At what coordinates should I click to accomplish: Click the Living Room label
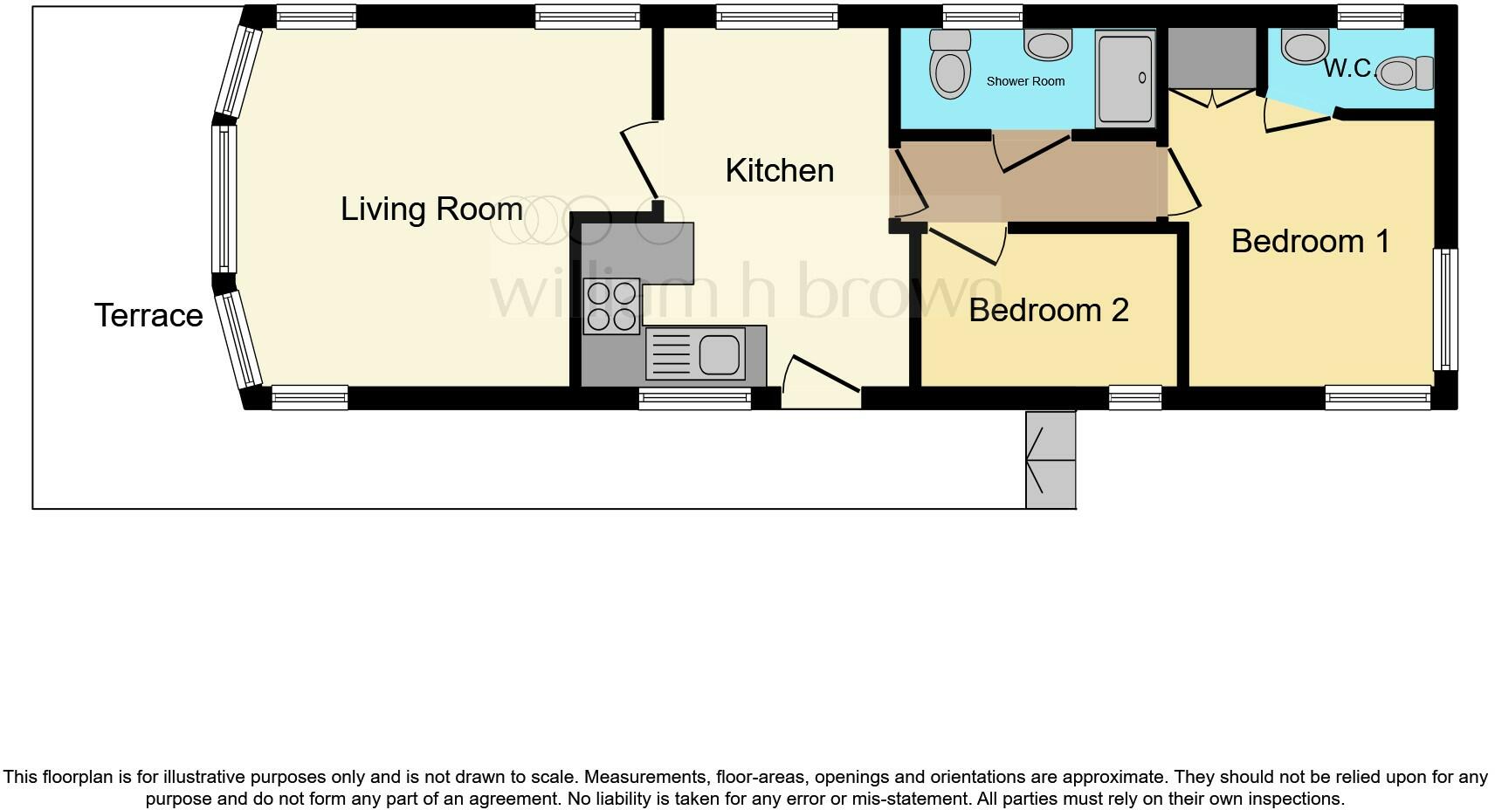[x=431, y=209]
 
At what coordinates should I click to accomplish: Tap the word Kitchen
[x=779, y=170]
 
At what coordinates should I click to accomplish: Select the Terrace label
[x=148, y=315]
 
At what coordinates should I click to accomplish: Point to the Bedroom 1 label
[x=1310, y=241]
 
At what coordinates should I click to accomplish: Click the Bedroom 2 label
[x=1048, y=310]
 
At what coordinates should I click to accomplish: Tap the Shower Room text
[x=1025, y=81]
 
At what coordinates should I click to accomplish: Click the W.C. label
[x=1349, y=68]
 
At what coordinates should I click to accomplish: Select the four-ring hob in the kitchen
[x=611, y=306]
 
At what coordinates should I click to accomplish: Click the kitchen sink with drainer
[x=696, y=354]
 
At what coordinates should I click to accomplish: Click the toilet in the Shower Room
[x=950, y=65]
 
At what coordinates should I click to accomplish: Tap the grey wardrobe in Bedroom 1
[x=1212, y=58]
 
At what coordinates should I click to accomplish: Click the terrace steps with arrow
[x=1051, y=460]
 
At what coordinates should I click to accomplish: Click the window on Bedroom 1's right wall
[x=1445, y=310]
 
